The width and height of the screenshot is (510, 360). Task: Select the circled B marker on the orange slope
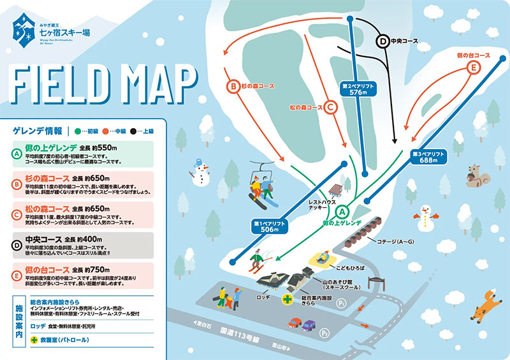(x=234, y=85)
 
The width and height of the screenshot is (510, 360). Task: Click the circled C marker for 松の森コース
(x=330, y=108)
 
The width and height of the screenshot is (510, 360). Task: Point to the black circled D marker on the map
(x=383, y=41)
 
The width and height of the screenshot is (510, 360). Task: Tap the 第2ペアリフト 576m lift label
(x=359, y=88)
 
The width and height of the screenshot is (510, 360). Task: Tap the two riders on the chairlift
(x=263, y=189)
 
